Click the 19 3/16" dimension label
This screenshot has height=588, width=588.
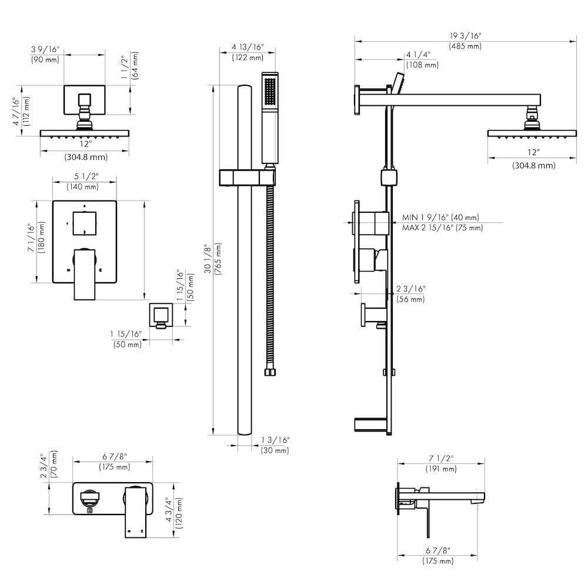465,36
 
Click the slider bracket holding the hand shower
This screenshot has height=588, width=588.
247,177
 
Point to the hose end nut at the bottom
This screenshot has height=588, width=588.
270,372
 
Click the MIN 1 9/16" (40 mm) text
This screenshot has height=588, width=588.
440,218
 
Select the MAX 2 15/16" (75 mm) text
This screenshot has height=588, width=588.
442,228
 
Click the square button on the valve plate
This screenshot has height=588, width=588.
84,223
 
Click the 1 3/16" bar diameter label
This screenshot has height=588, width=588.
275,440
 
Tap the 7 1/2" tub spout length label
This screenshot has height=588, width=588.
441,459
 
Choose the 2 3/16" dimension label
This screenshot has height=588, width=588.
410,289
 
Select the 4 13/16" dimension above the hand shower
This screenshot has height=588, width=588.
248,47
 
